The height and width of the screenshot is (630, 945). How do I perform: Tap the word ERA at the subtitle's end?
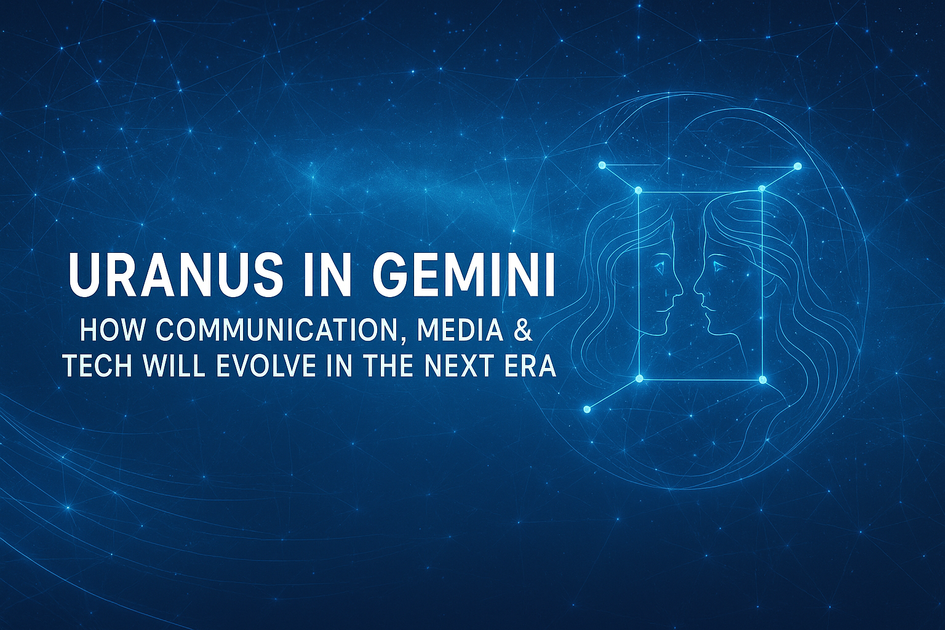click(x=536, y=367)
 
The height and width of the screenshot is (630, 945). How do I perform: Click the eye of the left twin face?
click(x=660, y=266)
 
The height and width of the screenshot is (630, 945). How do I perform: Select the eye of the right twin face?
click(x=716, y=266)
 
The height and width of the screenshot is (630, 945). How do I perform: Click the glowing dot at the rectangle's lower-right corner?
click(x=763, y=380)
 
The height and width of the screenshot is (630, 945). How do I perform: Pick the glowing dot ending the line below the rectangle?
click(x=587, y=409)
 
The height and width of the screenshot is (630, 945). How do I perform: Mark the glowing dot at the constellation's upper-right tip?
click(x=798, y=166)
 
